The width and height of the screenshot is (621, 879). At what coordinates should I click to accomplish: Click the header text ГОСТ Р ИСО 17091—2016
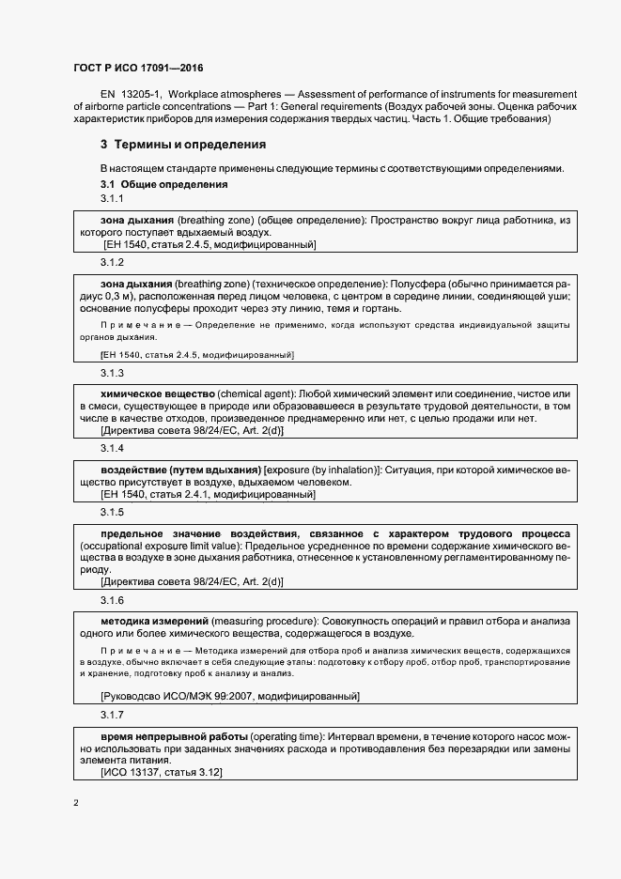pos(138,69)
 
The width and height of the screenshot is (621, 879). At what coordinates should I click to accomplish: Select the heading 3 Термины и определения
pos(183,145)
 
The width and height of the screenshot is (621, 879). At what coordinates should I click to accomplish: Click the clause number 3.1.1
pos(113,199)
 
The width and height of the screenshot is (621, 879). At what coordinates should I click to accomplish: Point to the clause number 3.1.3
pos(113,373)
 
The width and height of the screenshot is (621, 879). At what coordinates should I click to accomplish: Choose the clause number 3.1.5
pos(113,512)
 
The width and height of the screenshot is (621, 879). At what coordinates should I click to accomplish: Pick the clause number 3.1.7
pos(113,715)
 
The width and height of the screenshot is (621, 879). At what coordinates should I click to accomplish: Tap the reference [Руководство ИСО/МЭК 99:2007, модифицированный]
pos(229,696)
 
